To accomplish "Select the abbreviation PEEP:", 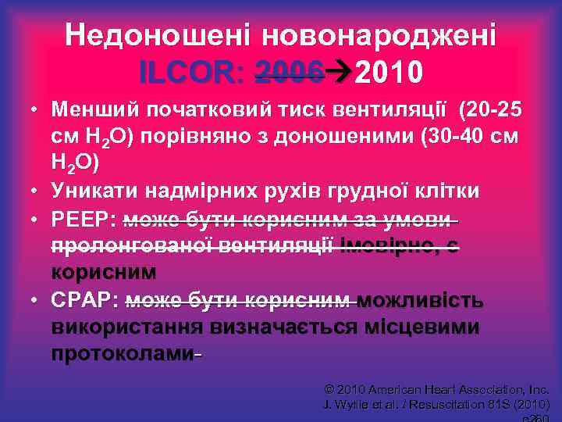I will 84,220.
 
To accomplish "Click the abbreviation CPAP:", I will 84,302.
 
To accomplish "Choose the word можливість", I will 422,302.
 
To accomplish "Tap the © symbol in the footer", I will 329,389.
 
